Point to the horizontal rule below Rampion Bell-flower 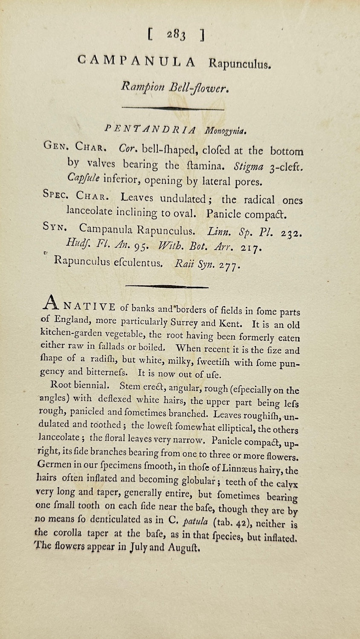pyautogui.click(x=173, y=108)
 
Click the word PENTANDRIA pyautogui.click(x=151, y=130)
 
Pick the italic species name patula pyautogui.click(x=196, y=522)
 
